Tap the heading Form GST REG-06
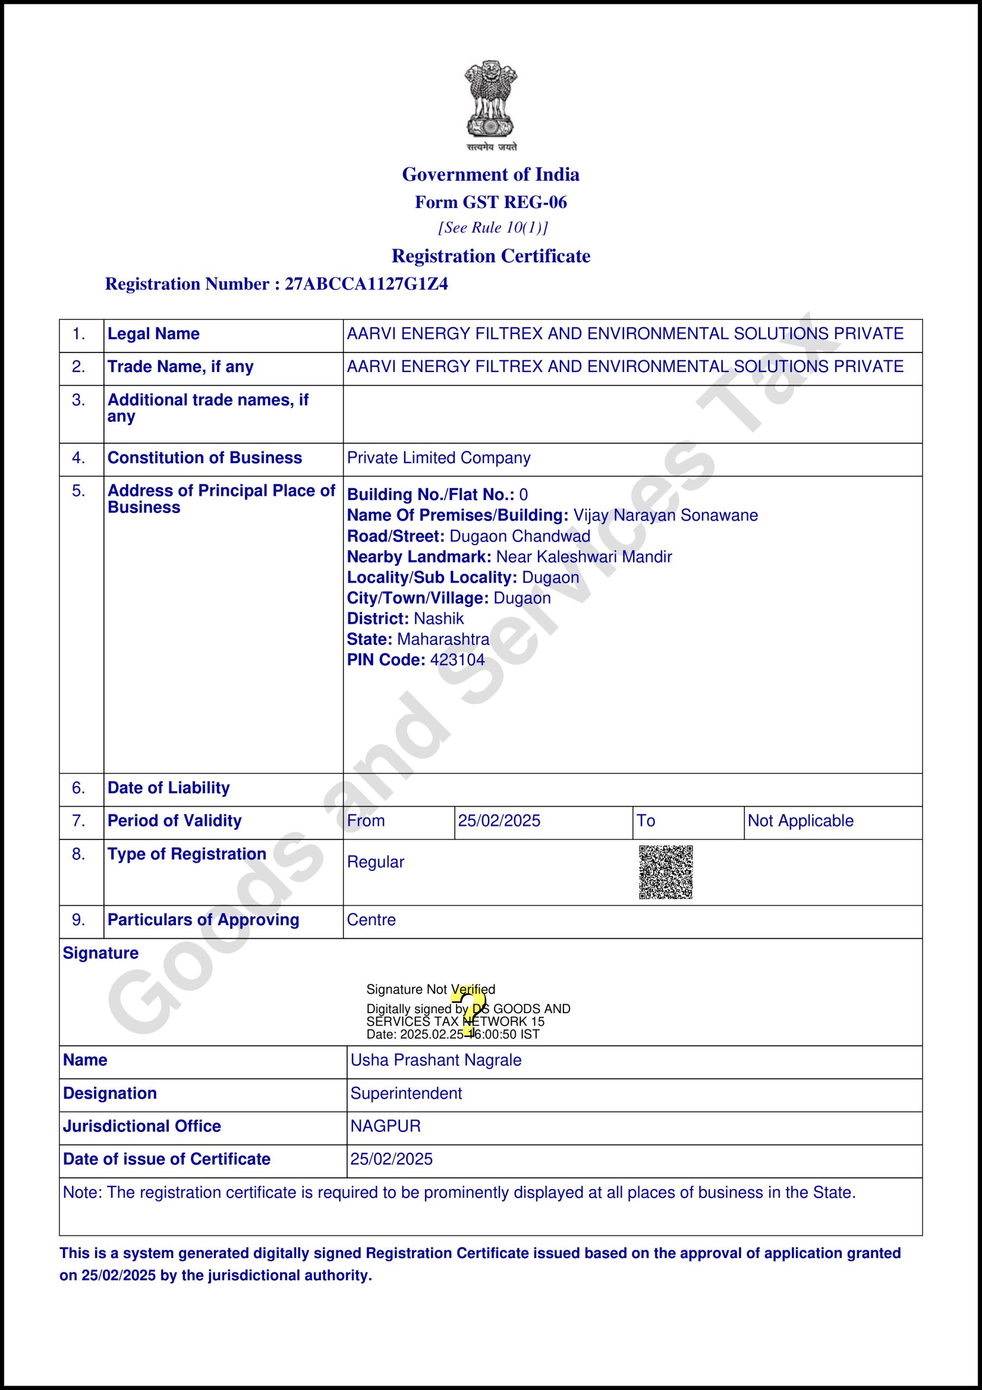pos(490,202)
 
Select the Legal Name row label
pos(153,333)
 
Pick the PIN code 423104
pos(457,660)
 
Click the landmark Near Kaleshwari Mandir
pos(584,557)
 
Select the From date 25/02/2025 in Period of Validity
pos(499,821)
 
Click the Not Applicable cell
pos(800,821)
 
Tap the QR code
pos(666,873)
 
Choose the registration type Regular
pos(375,862)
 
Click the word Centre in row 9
pos(371,920)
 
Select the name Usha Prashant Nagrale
pos(436,1060)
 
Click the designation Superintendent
pos(406,1094)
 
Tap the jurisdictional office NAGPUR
pos(385,1126)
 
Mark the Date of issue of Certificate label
pos(167,1159)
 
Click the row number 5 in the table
pos(79,491)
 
